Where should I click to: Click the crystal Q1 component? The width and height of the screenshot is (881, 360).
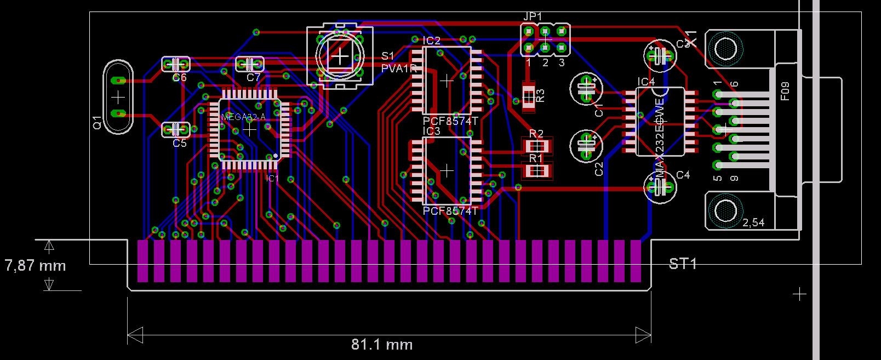point(118,98)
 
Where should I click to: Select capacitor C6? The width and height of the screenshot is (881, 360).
point(176,65)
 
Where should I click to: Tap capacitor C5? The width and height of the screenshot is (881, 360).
point(176,130)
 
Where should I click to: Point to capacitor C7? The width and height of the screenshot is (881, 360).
point(249,64)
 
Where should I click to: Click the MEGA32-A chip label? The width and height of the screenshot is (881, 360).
point(243,117)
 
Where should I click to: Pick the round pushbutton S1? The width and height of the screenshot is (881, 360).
point(340,56)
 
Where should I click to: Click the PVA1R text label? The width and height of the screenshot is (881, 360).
point(399,68)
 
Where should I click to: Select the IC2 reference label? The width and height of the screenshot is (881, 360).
point(432,41)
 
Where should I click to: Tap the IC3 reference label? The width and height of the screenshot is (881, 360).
point(432,132)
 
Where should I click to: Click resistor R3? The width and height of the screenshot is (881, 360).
point(528,97)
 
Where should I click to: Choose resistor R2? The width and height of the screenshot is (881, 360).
point(537,146)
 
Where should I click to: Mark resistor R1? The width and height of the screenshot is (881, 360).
point(536,171)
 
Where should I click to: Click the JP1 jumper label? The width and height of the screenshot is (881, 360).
point(533,17)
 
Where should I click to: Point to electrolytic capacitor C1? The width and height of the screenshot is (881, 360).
point(586,88)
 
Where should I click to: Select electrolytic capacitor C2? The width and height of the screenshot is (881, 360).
point(586,145)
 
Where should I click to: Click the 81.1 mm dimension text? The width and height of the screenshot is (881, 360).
point(382,345)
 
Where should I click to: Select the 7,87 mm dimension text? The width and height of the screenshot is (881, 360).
point(35,266)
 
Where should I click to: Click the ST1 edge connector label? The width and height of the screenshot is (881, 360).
point(683,264)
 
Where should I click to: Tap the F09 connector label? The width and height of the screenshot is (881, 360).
point(785,92)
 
